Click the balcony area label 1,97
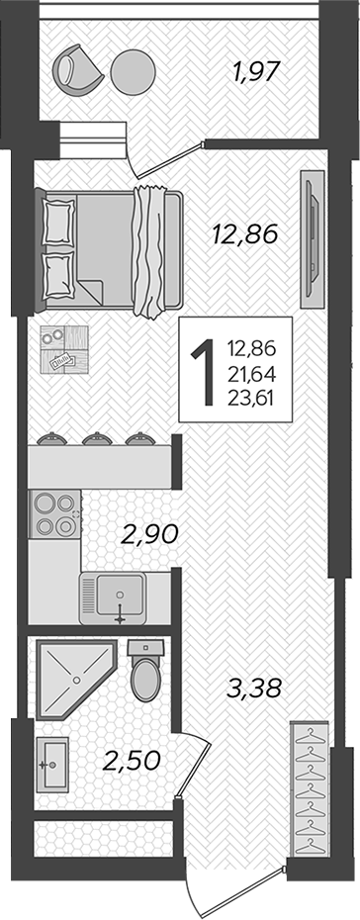pyautogui.click(x=256, y=72)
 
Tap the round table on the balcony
pyautogui.click(x=134, y=72)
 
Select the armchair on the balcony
pyautogui.click(x=77, y=68)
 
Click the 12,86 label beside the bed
pyautogui.click(x=243, y=234)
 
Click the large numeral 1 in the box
pyautogui.click(x=205, y=371)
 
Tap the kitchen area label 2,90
pyautogui.click(x=148, y=535)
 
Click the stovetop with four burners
pyautogui.click(x=53, y=514)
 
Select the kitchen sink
pyautogui.click(x=112, y=598)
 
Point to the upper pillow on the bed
pyautogui.click(x=59, y=215)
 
